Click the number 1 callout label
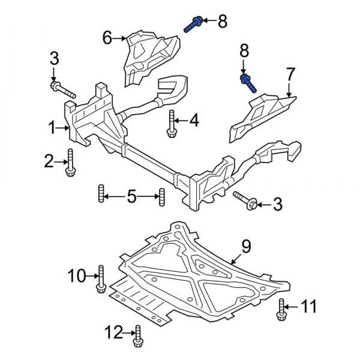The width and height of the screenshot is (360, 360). pos(52,127)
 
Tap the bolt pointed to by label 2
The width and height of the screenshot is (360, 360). pos(70,162)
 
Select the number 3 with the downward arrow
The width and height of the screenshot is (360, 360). pos(53,59)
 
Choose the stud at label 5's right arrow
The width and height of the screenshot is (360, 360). pos(161,197)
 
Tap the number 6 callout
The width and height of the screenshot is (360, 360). pos(107,38)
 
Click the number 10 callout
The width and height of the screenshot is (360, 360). pos(77,277)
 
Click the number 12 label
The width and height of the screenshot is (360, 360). pos(113,331)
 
